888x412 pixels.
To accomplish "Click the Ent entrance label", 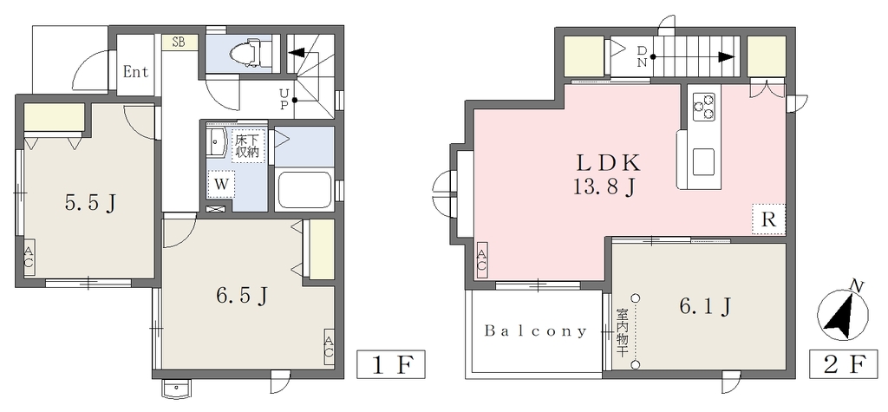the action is (x=135, y=72).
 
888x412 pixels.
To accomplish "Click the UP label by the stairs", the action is (x=284, y=97).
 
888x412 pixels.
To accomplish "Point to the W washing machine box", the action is (x=220, y=184).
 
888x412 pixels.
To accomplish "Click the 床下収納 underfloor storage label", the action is (x=247, y=146).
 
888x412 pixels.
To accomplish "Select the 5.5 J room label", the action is (x=90, y=203).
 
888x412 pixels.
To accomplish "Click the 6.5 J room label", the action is (x=242, y=295).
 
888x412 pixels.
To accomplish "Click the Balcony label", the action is (x=535, y=331).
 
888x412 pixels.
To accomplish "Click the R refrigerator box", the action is (x=768, y=219).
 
